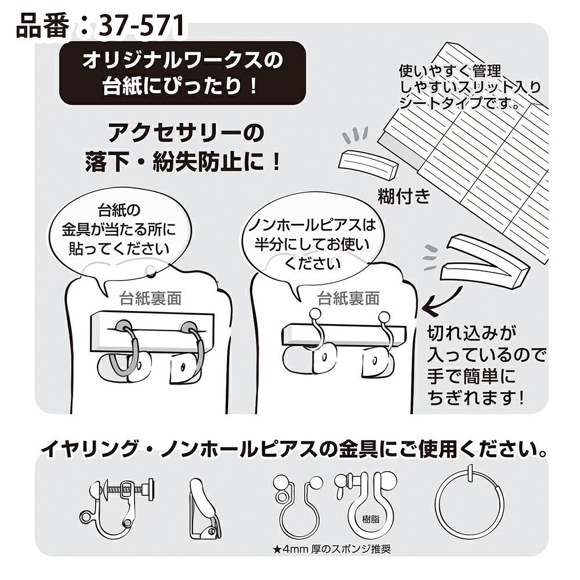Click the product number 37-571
(142, 26)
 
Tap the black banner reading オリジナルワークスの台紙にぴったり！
(182, 73)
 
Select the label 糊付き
(404, 197)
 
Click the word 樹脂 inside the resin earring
(371, 519)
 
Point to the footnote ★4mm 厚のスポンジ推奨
(331, 549)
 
